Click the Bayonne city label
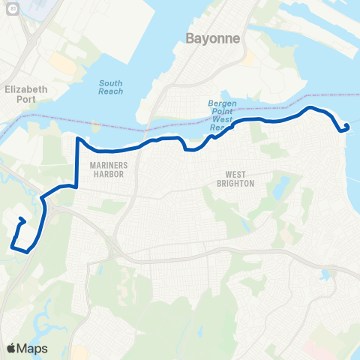pos(211,37)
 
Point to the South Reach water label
pos(110,87)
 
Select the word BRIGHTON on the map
pos(236,183)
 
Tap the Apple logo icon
pos(12,347)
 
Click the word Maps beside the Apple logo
pos(32,347)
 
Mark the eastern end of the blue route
pos(346,126)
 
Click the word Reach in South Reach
pos(110,91)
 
